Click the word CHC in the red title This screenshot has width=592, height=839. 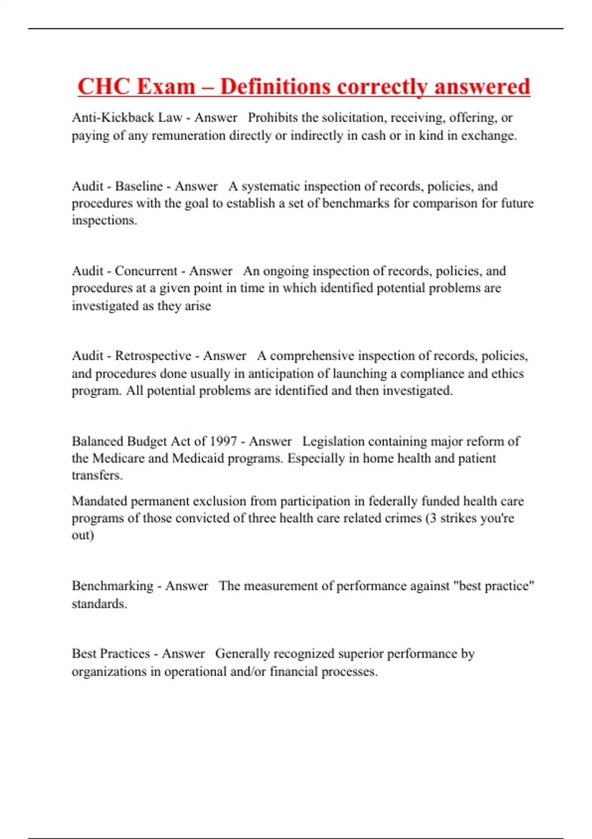[102, 86]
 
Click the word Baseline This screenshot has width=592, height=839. [139, 186]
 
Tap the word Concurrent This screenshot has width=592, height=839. [146, 271]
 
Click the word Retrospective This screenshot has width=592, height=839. [153, 356]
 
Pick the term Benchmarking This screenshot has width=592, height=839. [112, 586]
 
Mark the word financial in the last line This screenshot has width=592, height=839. [294, 671]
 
